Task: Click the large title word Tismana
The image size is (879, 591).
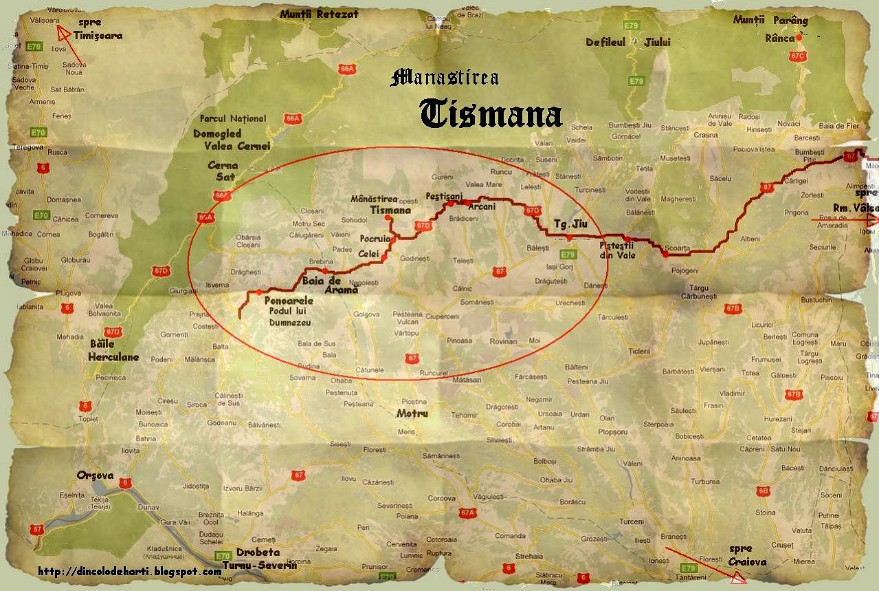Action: coord(491,114)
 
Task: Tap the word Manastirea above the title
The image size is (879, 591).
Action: coord(444,77)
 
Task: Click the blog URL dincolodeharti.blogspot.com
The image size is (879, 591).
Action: coord(130,571)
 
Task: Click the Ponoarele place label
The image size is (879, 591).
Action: coord(289,301)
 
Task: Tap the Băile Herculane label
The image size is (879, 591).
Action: coord(113,350)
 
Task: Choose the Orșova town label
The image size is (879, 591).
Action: coord(96,475)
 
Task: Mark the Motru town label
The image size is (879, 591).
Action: coord(412,413)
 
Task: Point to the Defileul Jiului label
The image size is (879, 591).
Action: coord(627,42)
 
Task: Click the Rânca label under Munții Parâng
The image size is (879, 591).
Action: coord(779,39)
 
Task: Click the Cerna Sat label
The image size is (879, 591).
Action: coord(223,171)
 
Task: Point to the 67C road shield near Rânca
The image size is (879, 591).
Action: coord(797,56)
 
